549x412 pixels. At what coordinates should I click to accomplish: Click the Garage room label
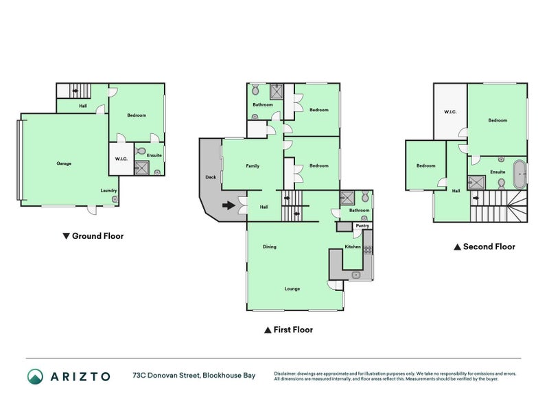[64, 163]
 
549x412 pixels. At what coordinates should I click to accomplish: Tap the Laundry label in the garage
[108, 190]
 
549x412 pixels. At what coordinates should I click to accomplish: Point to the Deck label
[210, 177]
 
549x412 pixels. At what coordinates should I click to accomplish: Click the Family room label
[253, 166]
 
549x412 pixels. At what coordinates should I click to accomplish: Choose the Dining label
[269, 247]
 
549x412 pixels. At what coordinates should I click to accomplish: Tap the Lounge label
[292, 288]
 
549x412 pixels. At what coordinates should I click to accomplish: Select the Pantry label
[362, 225]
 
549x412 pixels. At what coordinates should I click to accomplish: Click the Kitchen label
[353, 247]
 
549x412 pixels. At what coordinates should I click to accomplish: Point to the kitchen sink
[355, 275]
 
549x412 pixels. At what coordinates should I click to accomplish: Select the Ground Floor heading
[93, 236]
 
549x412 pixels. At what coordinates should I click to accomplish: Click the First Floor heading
[288, 330]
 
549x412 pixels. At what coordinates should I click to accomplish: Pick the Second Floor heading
[484, 247]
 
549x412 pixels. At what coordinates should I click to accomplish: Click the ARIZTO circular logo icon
[35, 376]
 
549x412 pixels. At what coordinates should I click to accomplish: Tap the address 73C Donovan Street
[165, 376]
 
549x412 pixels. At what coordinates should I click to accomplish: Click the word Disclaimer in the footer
[287, 373]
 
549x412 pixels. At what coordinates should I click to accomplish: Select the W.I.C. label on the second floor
[450, 111]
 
